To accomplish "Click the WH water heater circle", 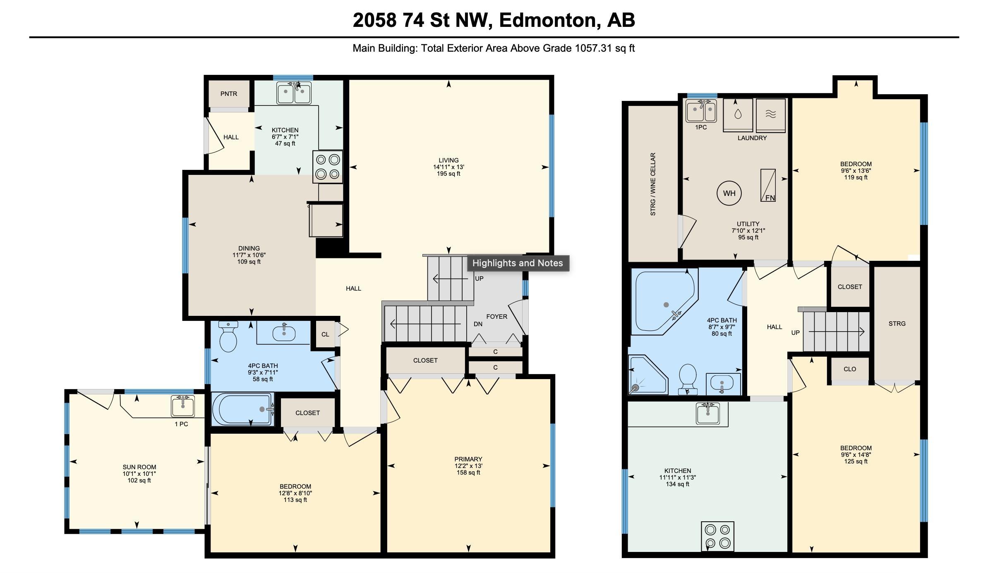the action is (729, 193).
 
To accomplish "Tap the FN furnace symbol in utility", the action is (768, 185).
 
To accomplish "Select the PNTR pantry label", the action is (229, 94).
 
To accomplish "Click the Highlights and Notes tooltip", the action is (518, 263).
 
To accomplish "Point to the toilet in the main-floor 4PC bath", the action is (228, 337).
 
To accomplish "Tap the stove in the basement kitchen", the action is (717, 536).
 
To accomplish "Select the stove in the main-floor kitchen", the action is (328, 167).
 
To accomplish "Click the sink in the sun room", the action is (183, 406).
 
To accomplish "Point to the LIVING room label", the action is (448, 160).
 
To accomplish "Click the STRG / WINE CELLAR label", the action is (653, 184).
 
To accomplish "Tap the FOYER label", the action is (496, 317).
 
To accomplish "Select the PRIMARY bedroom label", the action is (468, 459).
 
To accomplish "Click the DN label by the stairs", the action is (478, 324).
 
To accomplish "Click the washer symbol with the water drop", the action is (738, 115).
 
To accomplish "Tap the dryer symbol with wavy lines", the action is (770, 115).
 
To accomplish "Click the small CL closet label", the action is (325, 334).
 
